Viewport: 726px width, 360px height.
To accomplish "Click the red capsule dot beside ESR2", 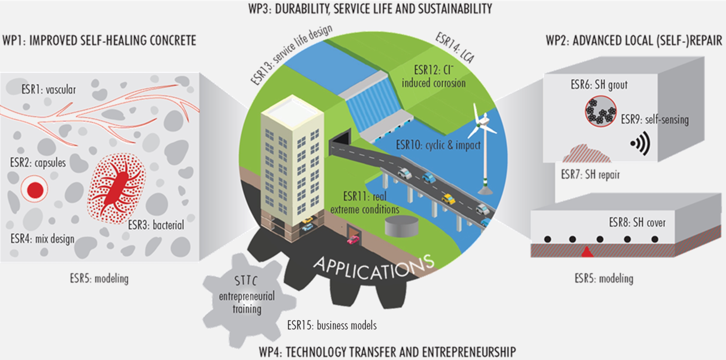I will [35, 190].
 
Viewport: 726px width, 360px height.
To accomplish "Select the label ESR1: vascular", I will [48, 89].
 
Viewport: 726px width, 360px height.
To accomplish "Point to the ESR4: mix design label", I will [42, 239].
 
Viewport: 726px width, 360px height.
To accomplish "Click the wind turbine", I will [483, 145].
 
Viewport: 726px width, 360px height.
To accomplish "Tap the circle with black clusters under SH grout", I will [600, 111].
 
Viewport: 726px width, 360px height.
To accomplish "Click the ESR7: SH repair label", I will [590, 175].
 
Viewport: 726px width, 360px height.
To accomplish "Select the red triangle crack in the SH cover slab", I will [587, 252].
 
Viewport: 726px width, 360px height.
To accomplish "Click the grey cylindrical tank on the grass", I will [402, 226].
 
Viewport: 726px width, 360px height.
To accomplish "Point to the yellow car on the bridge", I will [448, 199].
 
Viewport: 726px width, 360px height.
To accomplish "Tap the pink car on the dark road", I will [353, 240].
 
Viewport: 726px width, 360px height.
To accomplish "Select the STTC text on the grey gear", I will [246, 281].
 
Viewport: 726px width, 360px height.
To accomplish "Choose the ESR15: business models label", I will [332, 325].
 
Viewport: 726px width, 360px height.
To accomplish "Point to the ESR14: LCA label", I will [455, 48].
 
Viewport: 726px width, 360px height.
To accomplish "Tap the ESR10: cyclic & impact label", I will [438, 145].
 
